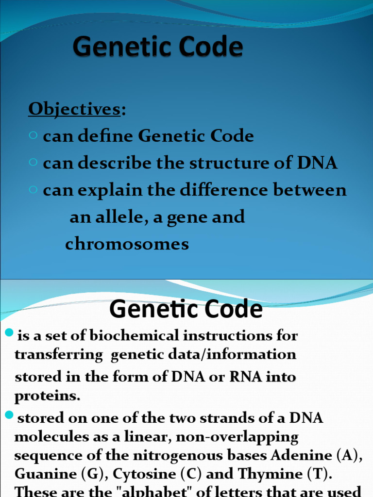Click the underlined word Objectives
74,110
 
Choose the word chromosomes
127,244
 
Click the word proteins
47,396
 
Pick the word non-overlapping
237,437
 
